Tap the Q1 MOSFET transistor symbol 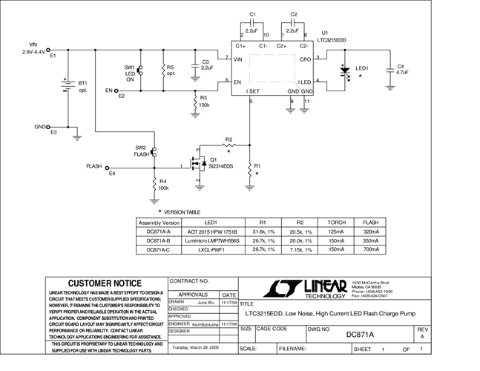click(197, 165)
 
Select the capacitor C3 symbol click(194, 65)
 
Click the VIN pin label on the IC click(238, 59)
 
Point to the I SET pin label click(254, 91)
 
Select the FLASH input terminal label click(93, 167)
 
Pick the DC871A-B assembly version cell click(160, 240)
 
